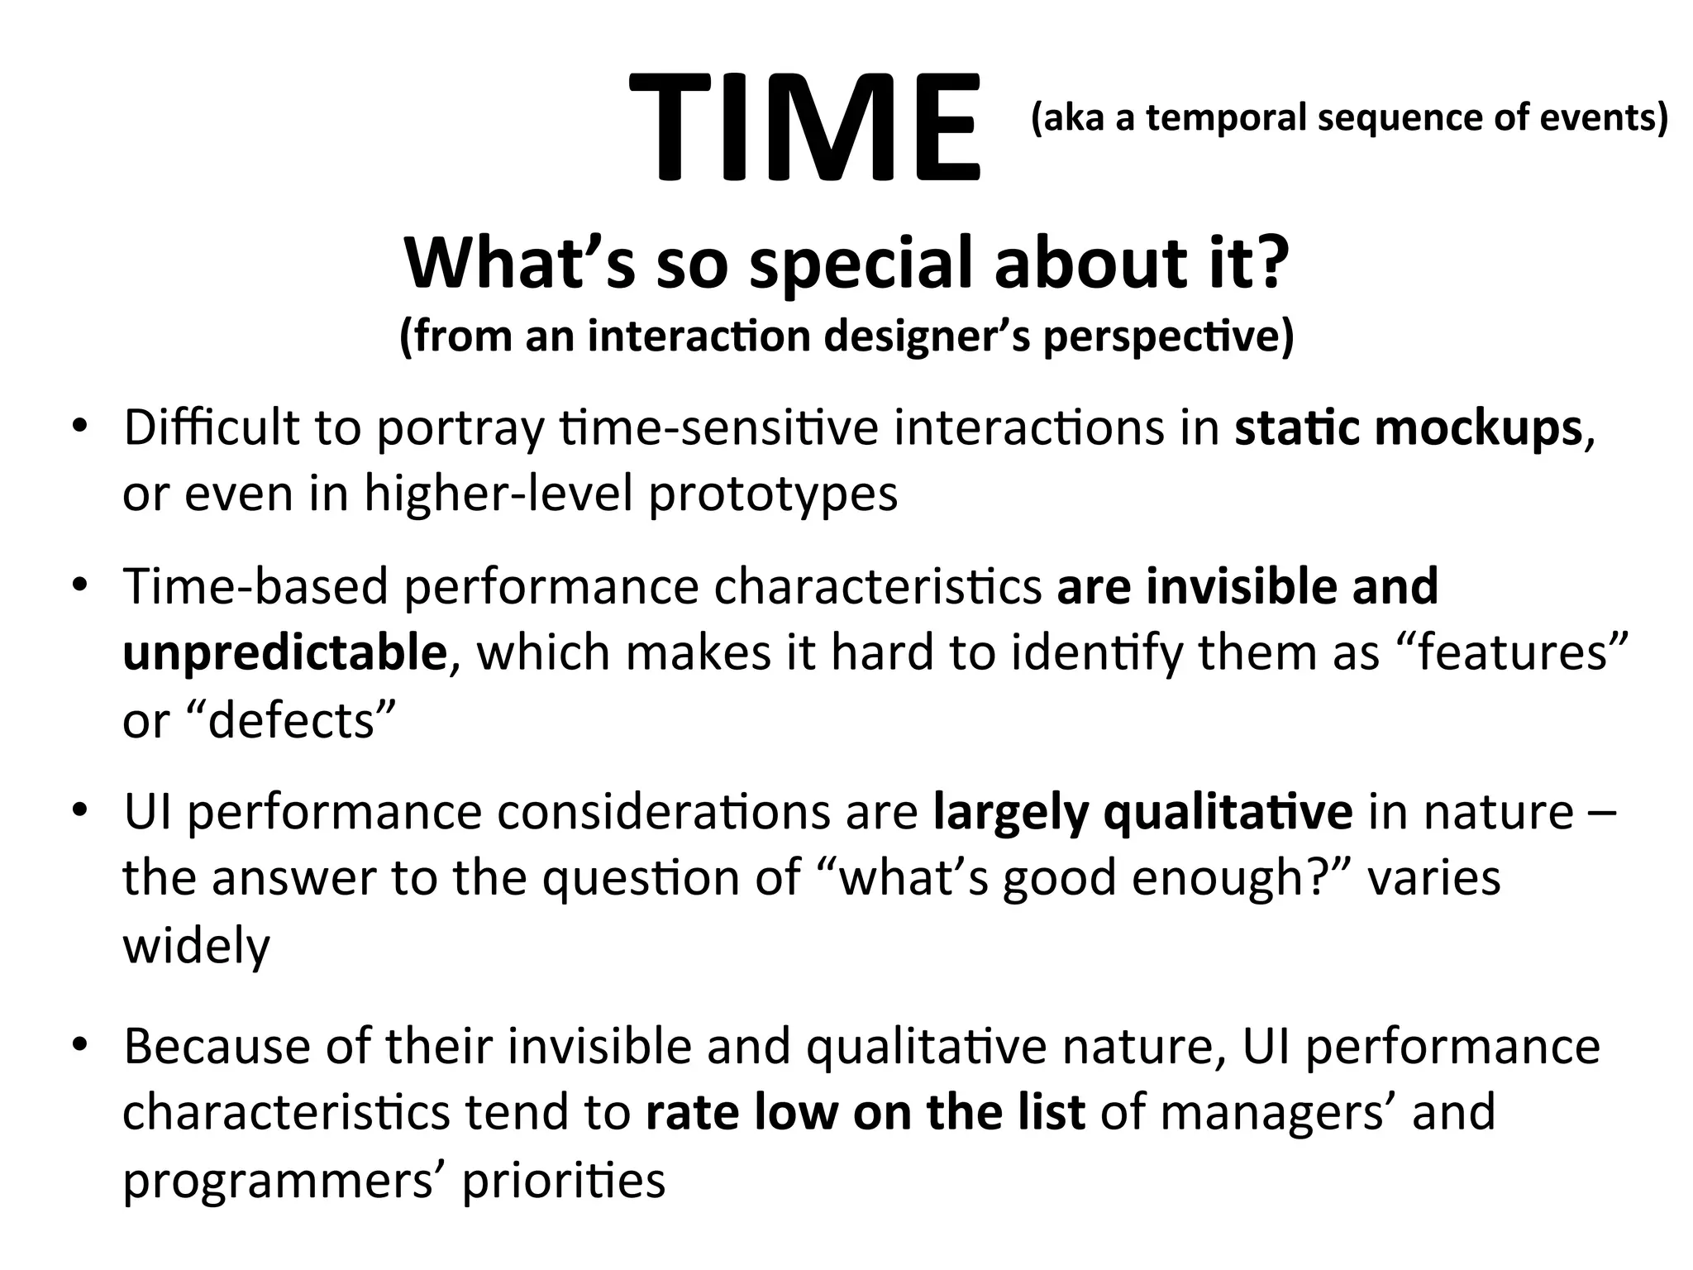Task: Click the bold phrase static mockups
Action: tap(1408, 428)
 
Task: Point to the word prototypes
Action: tap(773, 494)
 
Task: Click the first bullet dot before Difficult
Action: tap(79, 427)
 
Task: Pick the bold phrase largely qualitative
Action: tap(1142, 812)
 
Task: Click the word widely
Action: tap(196, 946)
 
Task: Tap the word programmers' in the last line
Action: tap(284, 1181)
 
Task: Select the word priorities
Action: tap(563, 1181)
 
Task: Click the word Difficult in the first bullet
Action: tap(212, 428)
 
